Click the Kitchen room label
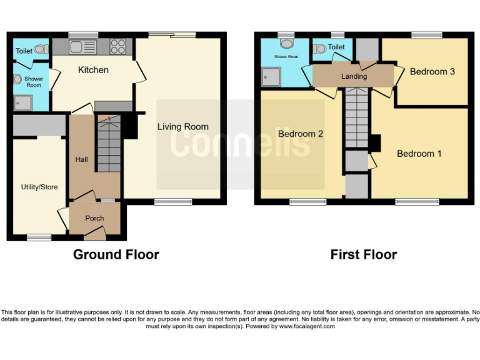click(93, 70)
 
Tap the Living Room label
click(182, 127)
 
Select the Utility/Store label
click(39, 186)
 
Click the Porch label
click(94, 218)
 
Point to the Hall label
click(82, 159)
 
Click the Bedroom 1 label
click(419, 153)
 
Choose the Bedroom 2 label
click(301, 134)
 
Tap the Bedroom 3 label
click(432, 71)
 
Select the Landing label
click(354, 76)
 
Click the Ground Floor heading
click(116, 254)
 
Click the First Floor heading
click(364, 254)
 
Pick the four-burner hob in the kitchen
click(117, 46)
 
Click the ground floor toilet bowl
click(41, 49)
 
